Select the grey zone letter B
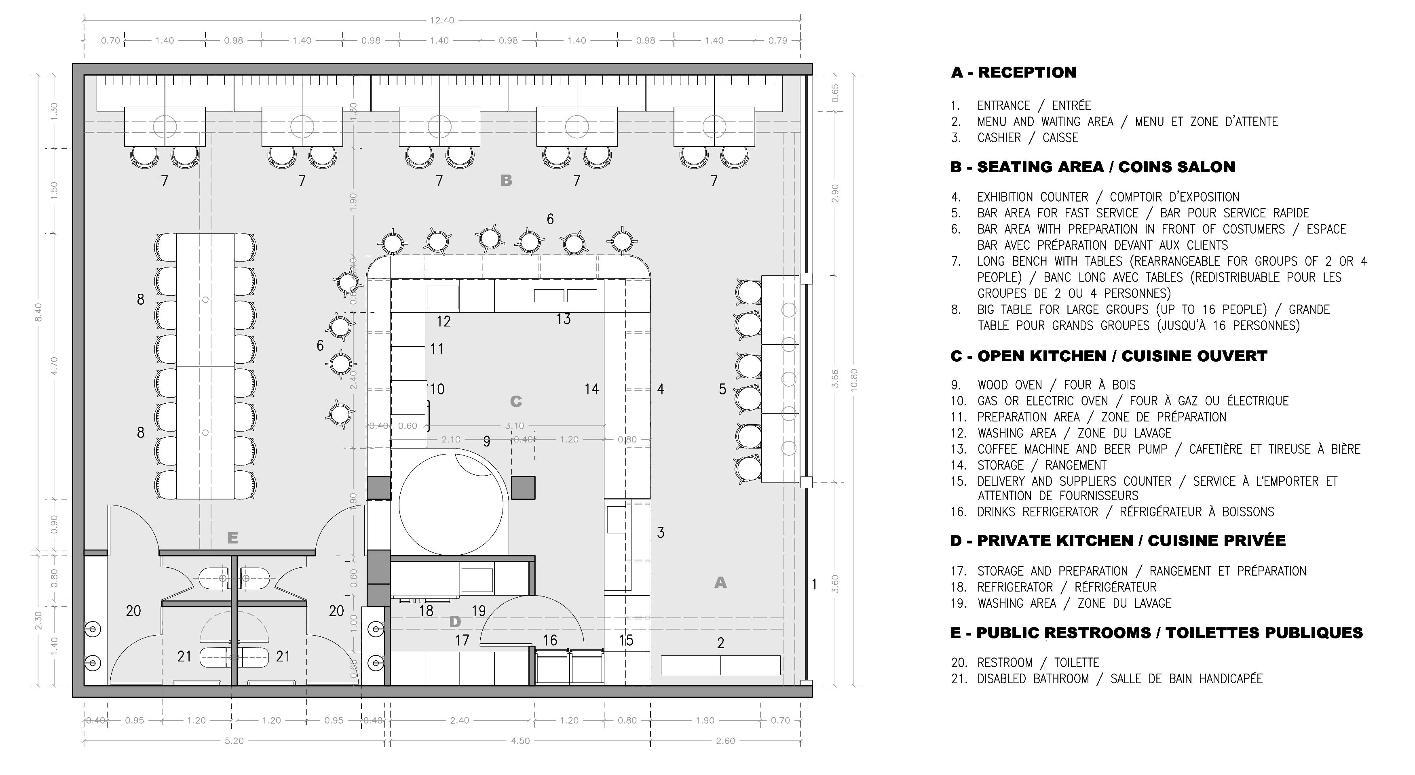coord(507,180)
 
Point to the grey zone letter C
coord(516,401)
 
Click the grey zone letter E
coord(232,539)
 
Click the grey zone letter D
coord(455,622)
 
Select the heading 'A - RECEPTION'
coord(1014,72)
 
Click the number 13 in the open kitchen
coord(564,319)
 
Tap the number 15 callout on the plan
coord(626,640)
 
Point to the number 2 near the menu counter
coord(721,643)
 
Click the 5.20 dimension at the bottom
coord(234,741)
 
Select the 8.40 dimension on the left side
coord(39,314)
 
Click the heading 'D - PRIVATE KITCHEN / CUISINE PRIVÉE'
coord(1118,541)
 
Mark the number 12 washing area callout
coord(444,321)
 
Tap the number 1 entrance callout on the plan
coord(814,585)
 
